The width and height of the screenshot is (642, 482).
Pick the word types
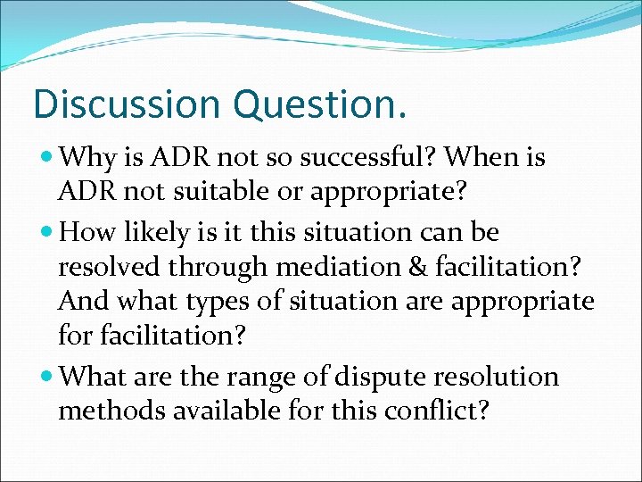point(219,301)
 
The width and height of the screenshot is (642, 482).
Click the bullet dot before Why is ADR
point(46,159)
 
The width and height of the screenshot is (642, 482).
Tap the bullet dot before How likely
point(46,234)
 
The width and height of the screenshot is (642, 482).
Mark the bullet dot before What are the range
point(46,378)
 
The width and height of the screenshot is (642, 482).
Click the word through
point(219,268)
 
